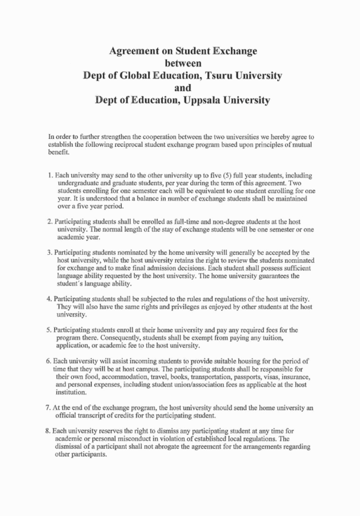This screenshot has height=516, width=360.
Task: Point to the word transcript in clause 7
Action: coord(90,415)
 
